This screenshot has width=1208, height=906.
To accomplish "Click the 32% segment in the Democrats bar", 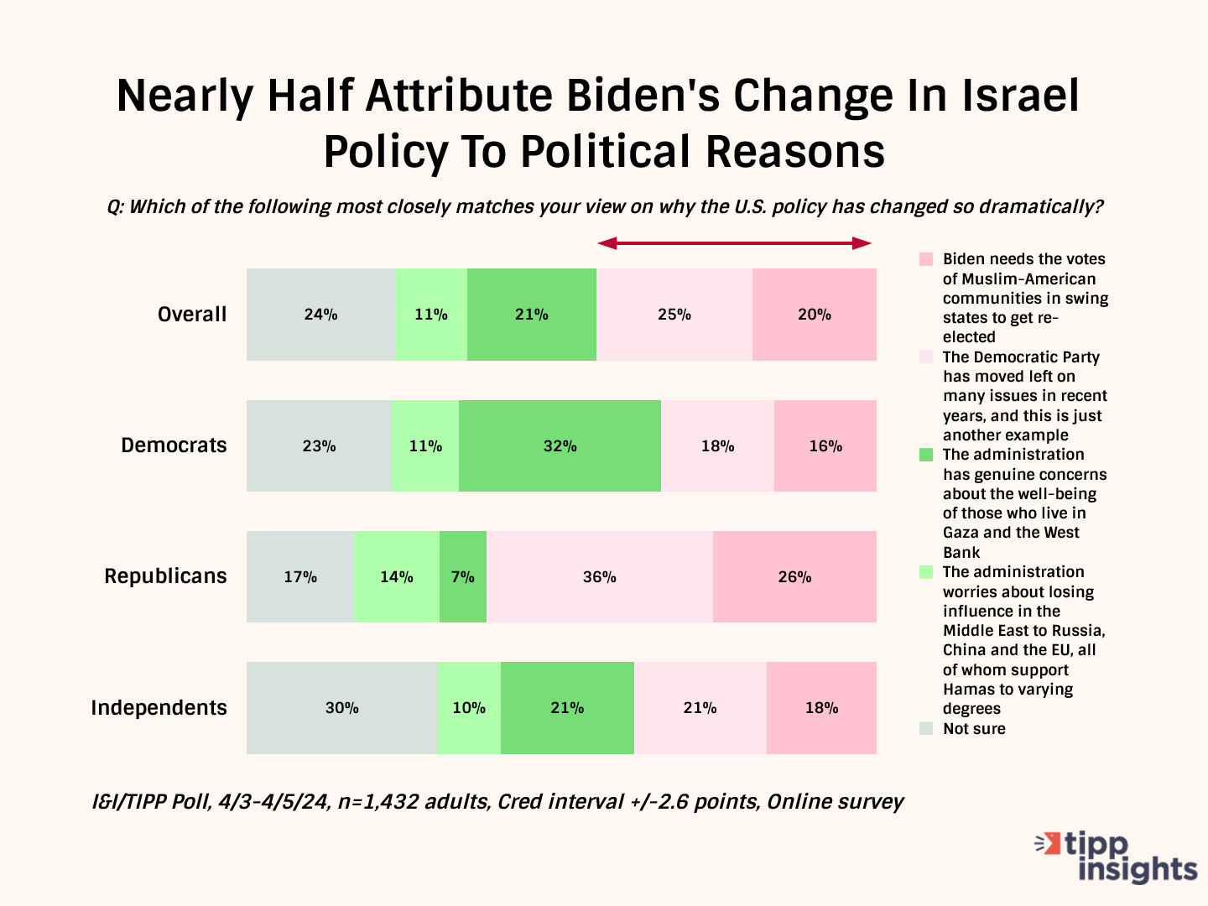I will [560, 445].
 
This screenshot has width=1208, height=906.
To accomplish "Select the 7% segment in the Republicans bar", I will [463, 576].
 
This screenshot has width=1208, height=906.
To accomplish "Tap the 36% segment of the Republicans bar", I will [600, 576].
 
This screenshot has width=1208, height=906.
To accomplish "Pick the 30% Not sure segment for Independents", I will [342, 707].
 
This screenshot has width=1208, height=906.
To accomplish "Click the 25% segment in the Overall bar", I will [674, 315].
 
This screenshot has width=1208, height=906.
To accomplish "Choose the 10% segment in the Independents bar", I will [469, 707].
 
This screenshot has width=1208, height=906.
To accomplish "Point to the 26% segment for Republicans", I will [794, 576].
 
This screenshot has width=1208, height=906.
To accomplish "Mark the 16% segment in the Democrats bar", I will [825, 445].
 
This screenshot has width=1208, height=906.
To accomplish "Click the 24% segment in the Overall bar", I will [320, 315].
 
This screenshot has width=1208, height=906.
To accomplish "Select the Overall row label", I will [192, 315].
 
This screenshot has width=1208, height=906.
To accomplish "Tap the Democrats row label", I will [174, 445].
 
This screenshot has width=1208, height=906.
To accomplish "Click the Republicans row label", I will [165, 576].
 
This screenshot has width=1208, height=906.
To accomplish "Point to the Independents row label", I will [159, 708].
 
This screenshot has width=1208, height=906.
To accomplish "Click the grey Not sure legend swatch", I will [926, 728].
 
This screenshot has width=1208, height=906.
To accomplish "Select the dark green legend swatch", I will [926, 455].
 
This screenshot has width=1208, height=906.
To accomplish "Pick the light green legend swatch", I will [926, 572].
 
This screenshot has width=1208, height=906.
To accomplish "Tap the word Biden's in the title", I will [643, 96].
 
